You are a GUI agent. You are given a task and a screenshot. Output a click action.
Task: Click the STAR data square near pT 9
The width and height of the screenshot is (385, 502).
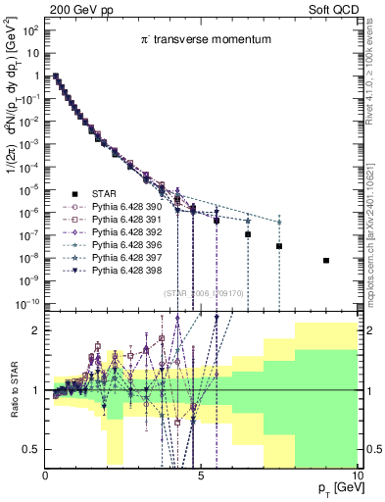[326, 261]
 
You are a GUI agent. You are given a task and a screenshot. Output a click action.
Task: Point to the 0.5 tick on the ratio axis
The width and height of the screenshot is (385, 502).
[32, 449]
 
